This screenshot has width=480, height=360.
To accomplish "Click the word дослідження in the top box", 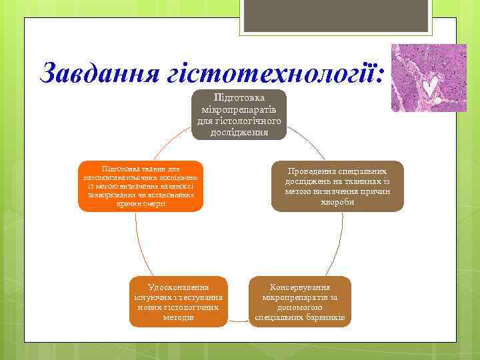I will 239,132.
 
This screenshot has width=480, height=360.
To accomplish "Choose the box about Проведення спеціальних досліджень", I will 337,186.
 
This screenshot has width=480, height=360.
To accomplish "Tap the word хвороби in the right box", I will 337,202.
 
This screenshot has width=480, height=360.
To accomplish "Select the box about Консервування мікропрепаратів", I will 299,301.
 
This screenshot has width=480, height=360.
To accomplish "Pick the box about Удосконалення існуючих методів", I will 179,301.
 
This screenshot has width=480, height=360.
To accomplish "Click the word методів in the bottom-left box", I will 179,317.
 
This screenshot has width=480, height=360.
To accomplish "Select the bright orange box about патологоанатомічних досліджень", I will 141,186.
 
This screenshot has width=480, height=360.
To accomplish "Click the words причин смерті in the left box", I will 141,203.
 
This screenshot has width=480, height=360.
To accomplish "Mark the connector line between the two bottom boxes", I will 239,322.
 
